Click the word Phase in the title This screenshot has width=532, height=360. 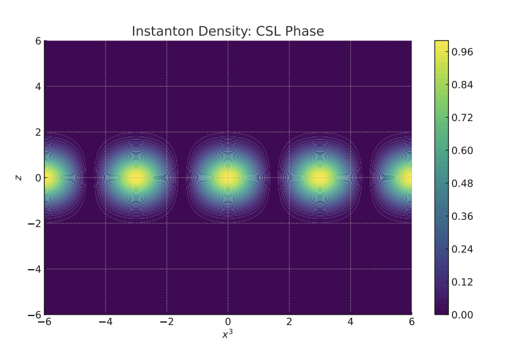304,31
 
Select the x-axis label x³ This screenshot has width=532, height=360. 227,335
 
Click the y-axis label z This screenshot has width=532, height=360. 19,178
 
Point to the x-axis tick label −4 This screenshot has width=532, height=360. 105,322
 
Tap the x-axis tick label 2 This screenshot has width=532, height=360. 289,322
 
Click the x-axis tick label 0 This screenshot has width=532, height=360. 228,322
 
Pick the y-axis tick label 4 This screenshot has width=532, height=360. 36,86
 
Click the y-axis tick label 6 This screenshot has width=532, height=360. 36,41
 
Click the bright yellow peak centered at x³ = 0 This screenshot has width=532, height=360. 228,178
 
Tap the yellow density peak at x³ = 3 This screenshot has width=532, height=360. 319,178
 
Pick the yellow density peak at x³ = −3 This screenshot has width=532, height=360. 136,178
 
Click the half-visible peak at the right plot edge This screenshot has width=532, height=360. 406,178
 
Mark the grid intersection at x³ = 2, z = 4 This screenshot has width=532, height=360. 289,86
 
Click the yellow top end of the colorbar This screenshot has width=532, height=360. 441,44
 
